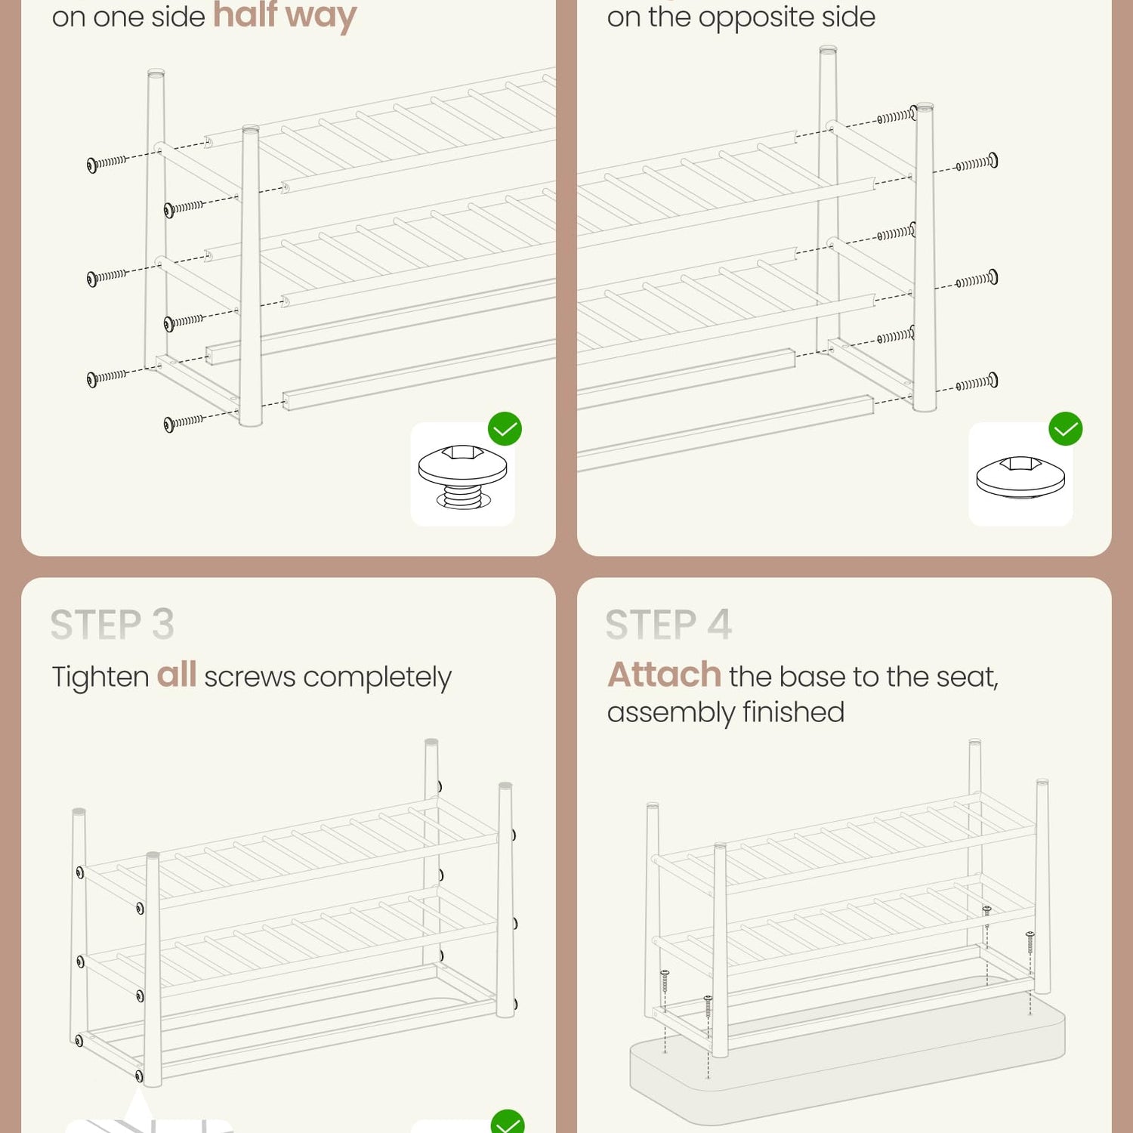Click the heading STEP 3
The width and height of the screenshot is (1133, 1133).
[113, 625]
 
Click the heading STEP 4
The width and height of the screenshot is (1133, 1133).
[668, 625]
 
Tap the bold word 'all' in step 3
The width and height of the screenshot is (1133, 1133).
[177, 675]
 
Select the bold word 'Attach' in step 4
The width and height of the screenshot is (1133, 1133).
[665, 675]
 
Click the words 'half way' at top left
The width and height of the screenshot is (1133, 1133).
[285, 15]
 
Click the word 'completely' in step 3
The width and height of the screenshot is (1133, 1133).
[377, 678]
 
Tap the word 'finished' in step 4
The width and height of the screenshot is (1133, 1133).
[793, 712]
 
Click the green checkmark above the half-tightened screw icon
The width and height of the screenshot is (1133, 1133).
[505, 429]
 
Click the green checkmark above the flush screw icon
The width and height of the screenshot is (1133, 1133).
[1066, 429]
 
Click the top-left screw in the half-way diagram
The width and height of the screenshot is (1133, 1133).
[107, 163]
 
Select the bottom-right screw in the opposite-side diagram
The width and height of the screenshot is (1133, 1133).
[977, 382]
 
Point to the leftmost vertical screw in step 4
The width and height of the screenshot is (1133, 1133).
[665, 980]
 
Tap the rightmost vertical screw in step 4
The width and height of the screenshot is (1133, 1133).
[1030, 942]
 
